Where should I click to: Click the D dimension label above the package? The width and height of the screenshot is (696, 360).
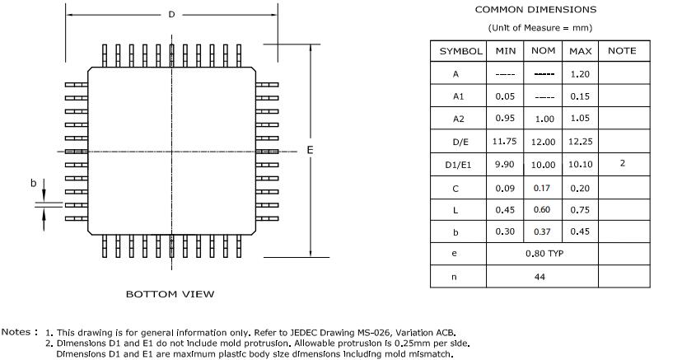click(x=171, y=15)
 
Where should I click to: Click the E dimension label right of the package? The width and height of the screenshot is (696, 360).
click(x=310, y=149)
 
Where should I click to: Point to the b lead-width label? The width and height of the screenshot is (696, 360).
click(x=33, y=182)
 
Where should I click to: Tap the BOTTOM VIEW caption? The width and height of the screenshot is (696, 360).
click(x=170, y=293)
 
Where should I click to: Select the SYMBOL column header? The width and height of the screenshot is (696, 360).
click(x=460, y=51)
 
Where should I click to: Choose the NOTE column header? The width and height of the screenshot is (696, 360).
click(x=622, y=51)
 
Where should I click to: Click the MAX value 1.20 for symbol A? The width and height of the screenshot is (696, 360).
click(x=581, y=74)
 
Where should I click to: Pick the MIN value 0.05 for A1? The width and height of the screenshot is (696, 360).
click(x=505, y=96)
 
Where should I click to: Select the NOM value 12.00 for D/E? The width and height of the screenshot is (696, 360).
click(x=543, y=142)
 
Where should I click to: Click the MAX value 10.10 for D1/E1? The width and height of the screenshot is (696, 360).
click(x=581, y=165)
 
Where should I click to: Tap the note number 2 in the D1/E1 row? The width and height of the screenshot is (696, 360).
click(x=622, y=163)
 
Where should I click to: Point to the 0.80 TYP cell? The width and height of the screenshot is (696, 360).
click(x=543, y=254)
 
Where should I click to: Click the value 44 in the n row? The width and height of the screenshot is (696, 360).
click(x=540, y=277)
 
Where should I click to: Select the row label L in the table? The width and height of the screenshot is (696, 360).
click(x=455, y=210)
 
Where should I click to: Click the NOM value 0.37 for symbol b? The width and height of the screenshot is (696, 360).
click(x=543, y=231)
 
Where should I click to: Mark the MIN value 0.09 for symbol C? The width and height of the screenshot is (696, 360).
click(x=505, y=187)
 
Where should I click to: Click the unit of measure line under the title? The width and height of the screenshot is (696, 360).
click(x=540, y=28)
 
